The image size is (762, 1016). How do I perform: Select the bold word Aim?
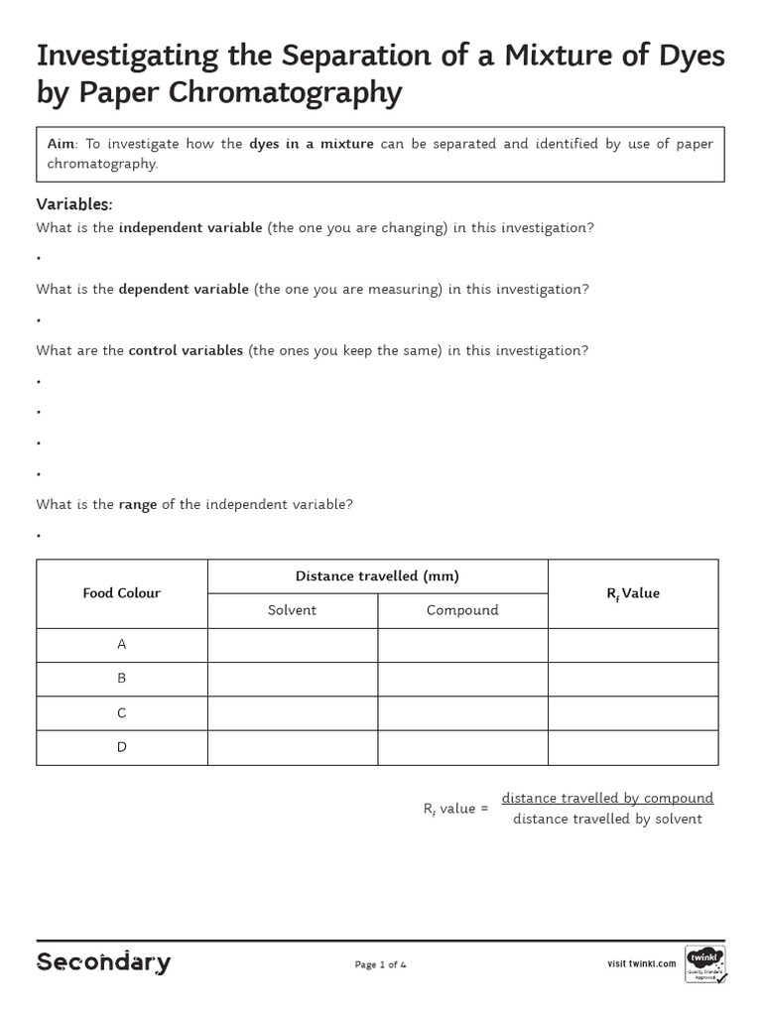coord(60,144)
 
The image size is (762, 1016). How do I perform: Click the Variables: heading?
coord(74,204)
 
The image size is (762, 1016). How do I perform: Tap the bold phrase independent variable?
coord(190,228)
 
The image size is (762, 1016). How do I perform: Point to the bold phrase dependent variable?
coord(184,290)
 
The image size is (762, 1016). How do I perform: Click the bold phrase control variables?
coord(186,351)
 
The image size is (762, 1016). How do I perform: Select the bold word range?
coord(138,504)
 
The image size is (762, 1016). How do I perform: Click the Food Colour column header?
coord(122,593)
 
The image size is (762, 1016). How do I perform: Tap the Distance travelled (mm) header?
coord(377,576)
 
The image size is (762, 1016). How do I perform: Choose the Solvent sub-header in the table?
coord(293,610)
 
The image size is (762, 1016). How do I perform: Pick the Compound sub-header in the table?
coord(462,610)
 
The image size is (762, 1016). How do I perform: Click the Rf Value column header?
coord(633,593)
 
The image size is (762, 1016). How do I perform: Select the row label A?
coord(122,645)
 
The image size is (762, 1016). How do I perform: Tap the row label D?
coord(122,747)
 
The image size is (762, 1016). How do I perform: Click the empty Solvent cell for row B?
coord(293,679)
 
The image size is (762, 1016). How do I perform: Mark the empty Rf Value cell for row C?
coord(633,713)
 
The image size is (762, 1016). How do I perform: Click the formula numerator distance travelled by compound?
coord(607,798)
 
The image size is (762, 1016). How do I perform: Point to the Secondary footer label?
coord(103,962)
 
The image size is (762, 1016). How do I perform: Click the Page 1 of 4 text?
coord(381,964)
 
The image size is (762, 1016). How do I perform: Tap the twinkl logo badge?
coord(704,962)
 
